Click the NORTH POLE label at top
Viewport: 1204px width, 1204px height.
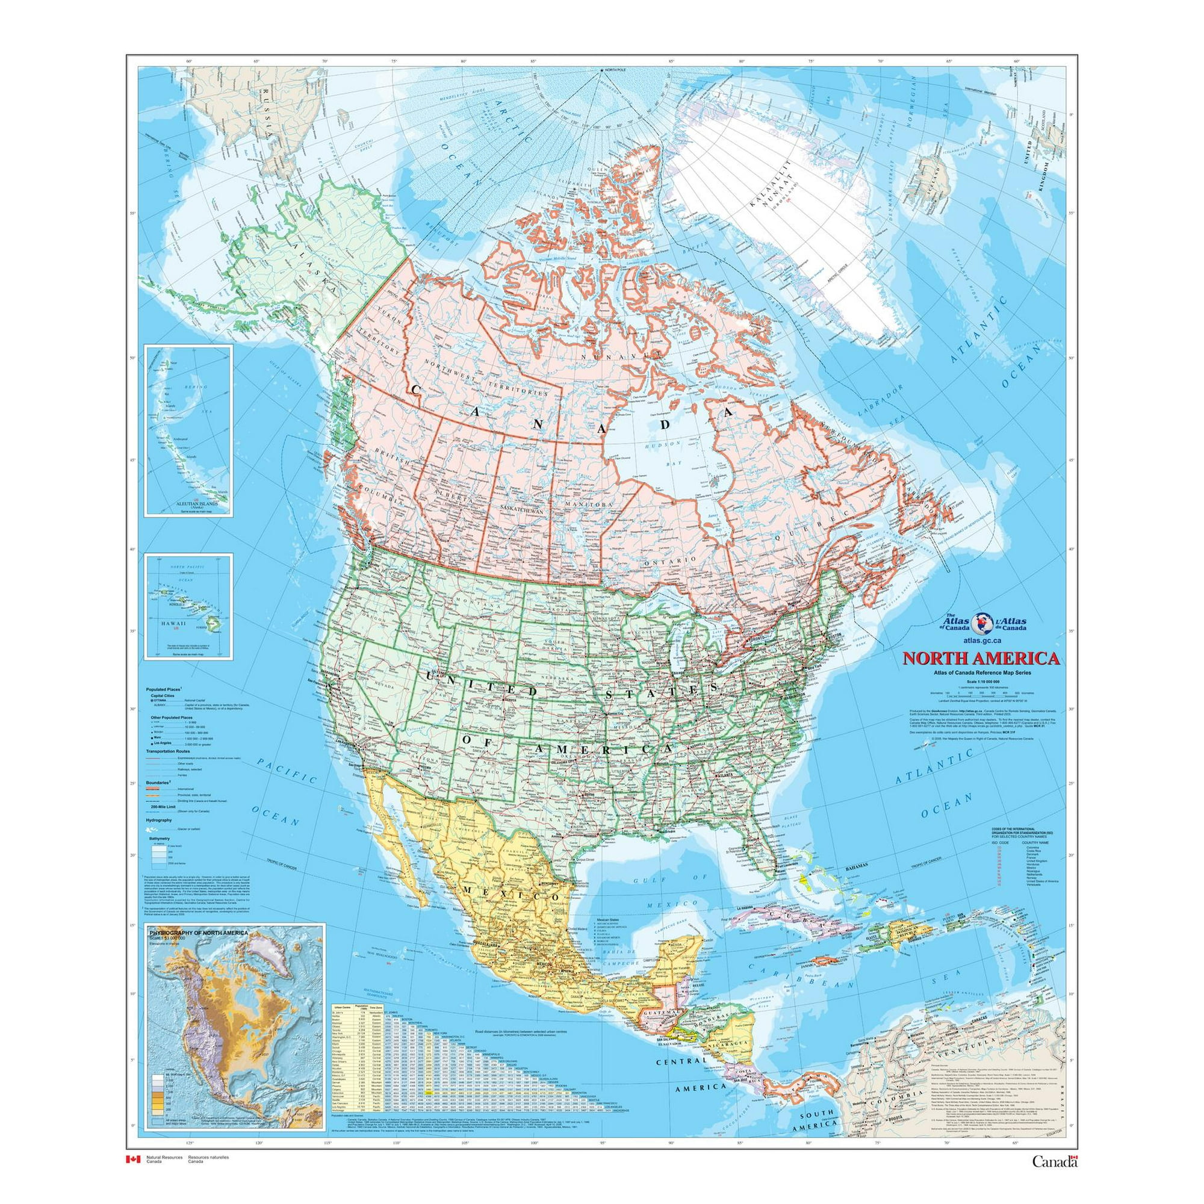(616, 70)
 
